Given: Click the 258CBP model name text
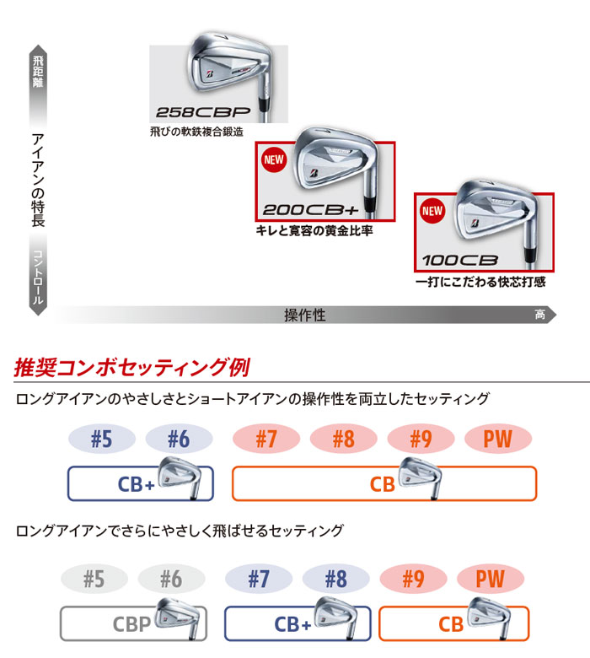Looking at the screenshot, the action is pyautogui.click(x=203, y=112).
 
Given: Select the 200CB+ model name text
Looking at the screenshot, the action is pyautogui.click(x=311, y=210).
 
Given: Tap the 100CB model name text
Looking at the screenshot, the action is pyautogui.click(x=460, y=261).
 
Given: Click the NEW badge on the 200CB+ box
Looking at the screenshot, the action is pyautogui.click(x=274, y=160).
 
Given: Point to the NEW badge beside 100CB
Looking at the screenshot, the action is pyautogui.click(x=432, y=211).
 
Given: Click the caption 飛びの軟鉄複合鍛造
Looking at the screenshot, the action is pyautogui.click(x=196, y=132).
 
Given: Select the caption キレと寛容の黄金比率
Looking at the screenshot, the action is pyautogui.click(x=314, y=230).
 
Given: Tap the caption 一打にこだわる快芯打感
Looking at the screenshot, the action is pyautogui.click(x=480, y=282).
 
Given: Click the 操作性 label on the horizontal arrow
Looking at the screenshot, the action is pyautogui.click(x=305, y=315).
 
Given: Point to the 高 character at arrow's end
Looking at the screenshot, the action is pyautogui.click(x=540, y=315).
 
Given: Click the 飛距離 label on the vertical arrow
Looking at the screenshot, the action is pyautogui.click(x=38, y=72).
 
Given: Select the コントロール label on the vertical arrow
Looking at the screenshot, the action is pyautogui.click(x=38, y=277).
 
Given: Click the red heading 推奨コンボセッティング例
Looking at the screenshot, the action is pyautogui.click(x=132, y=367).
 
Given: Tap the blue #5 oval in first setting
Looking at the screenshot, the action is pyautogui.click(x=102, y=439).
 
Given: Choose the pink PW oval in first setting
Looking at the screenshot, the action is pyautogui.click(x=498, y=439).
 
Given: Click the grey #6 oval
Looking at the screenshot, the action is pyautogui.click(x=171, y=579).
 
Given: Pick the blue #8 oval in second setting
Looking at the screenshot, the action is pyautogui.click(x=336, y=579).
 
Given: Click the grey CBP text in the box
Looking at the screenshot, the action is pyautogui.click(x=131, y=624).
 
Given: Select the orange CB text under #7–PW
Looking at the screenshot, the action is pyautogui.click(x=382, y=484).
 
